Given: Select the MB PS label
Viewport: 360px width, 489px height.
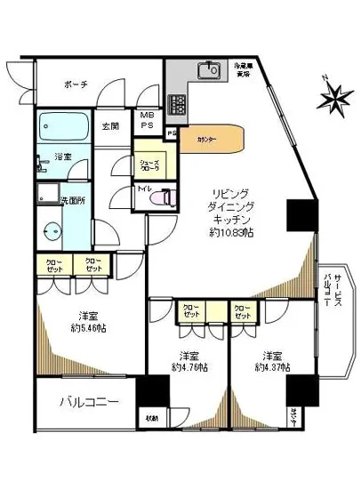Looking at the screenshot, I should pyautogui.click(x=147, y=119).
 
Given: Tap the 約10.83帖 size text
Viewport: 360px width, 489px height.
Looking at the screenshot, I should pyautogui.click(x=229, y=233).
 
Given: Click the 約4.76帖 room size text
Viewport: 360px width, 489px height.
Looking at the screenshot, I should pyautogui.click(x=191, y=366).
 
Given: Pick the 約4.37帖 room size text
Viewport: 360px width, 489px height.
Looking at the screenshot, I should pyautogui.click(x=272, y=366).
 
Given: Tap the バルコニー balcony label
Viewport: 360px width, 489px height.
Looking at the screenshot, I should pyautogui.click(x=89, y=403).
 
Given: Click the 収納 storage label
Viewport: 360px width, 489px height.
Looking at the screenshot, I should pyautogui.click(x=151, y=418).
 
